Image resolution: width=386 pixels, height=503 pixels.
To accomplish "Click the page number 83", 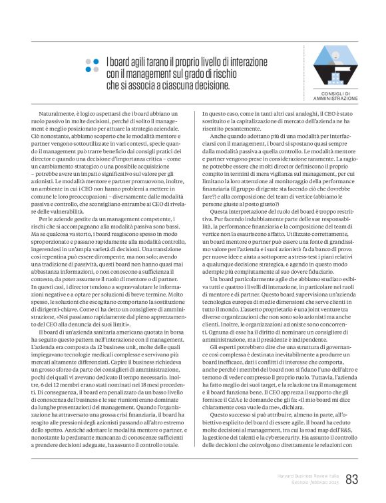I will point(352,478).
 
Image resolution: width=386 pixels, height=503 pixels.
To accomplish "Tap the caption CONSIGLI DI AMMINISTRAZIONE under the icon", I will point(335,95).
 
